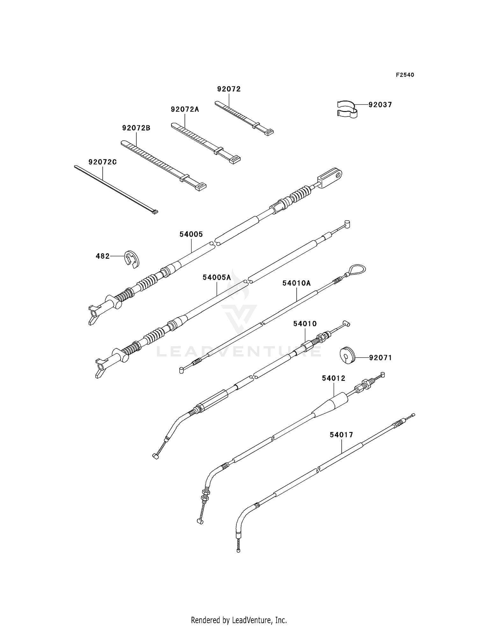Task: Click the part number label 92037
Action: click(380, 105)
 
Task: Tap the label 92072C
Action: click(103, 162)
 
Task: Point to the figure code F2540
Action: click(405, 75)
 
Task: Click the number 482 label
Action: click(103, 256)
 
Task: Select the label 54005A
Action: click(217, 278)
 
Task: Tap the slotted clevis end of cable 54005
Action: click(330, 178)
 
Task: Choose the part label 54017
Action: click(341, 435)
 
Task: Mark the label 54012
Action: click(333, 378)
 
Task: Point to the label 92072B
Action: click(136, 128)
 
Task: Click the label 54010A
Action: click(296, 283)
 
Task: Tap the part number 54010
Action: click(305, 324)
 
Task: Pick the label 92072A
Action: click(185, 109)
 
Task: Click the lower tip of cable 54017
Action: click(238, 550)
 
